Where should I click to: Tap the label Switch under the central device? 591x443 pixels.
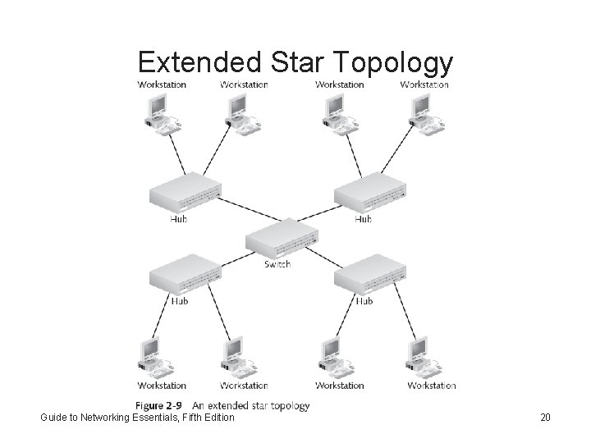click(277, 264)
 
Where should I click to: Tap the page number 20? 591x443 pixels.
click(546, 418)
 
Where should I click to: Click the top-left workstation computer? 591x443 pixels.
click(156, 110)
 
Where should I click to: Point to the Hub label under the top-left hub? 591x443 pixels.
click(179, 219)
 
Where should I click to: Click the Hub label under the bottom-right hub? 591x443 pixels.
click(363, 301)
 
